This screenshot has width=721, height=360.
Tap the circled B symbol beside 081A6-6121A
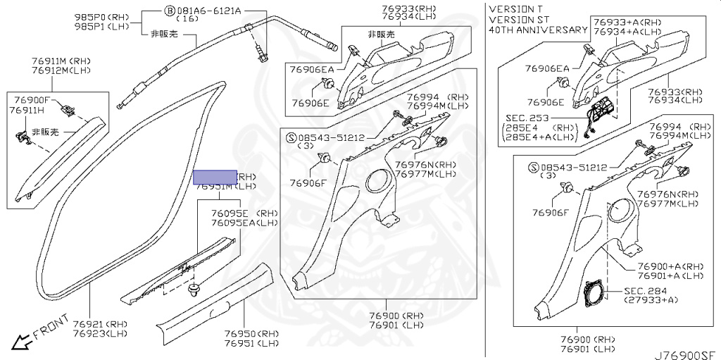[x=170, y=11]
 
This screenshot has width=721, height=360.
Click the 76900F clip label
[x=30, y=101]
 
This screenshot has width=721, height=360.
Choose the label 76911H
[x=27, y=111]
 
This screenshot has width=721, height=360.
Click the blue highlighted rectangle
[x=215, y=177]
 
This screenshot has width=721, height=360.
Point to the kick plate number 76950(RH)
[x=251, y=333]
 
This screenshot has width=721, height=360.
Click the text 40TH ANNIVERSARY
[x=538, y=30]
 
